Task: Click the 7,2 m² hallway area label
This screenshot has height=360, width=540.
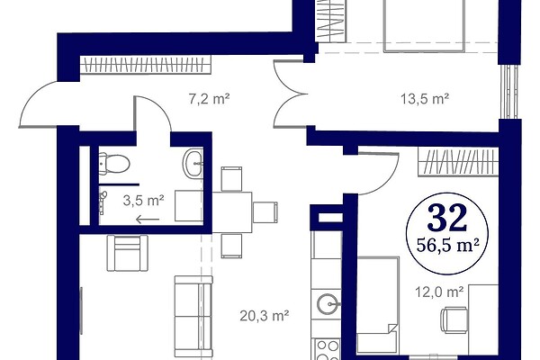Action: pos(209,99)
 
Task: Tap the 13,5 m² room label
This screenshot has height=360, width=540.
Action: pos(425,99)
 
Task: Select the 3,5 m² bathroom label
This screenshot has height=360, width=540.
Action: pos(143,200)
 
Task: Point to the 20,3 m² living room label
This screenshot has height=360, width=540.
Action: pos(264,315)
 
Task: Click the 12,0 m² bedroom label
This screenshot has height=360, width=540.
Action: pos(439,292)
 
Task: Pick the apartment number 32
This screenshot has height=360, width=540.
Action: pos(447,218)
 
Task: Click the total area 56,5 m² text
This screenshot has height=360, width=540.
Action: pos(447,246)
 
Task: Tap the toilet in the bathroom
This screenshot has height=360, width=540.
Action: pos(114,163)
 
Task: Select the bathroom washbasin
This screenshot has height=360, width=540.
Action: pos(193,163)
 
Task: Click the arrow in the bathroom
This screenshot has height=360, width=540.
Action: pos(148,219)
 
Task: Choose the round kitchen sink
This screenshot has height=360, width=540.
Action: pos(328,304)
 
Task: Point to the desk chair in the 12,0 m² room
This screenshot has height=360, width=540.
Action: pos(454,320)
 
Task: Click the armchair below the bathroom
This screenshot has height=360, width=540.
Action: pos(128,253)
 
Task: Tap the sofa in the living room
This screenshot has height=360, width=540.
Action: pos(193,316)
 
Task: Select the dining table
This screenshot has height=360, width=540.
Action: pos(232,212)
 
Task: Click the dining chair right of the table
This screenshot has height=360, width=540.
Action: pos(265,212)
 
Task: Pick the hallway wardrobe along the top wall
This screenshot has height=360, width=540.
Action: pos(145,65)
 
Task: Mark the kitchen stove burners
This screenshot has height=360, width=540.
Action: pos(328,349)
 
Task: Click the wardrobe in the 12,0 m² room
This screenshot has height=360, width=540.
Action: pos(458,162)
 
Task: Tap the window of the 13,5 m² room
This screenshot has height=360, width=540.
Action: pos(510,92)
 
